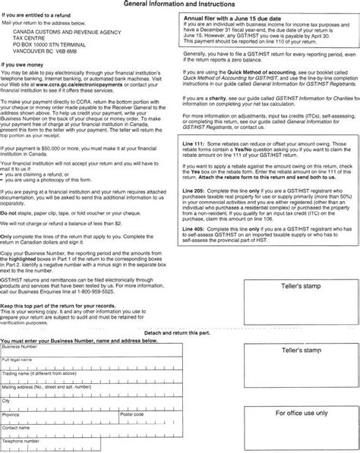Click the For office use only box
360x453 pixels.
point(302,414)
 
